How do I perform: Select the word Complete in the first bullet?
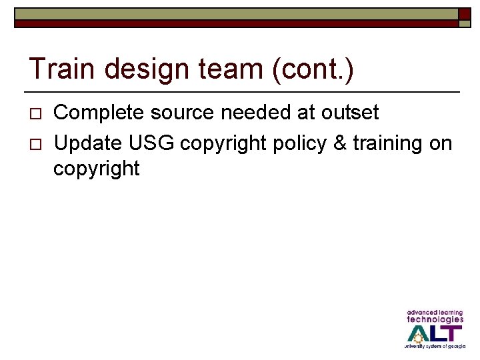click(99, 113)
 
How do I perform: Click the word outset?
click(349, 113)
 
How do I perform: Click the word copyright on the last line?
click(97, 169)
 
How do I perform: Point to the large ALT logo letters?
click(435, 333)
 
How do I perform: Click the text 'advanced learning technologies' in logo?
click(435, 316)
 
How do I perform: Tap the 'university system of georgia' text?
click(435, 347)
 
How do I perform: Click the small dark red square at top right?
click(464, 14)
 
